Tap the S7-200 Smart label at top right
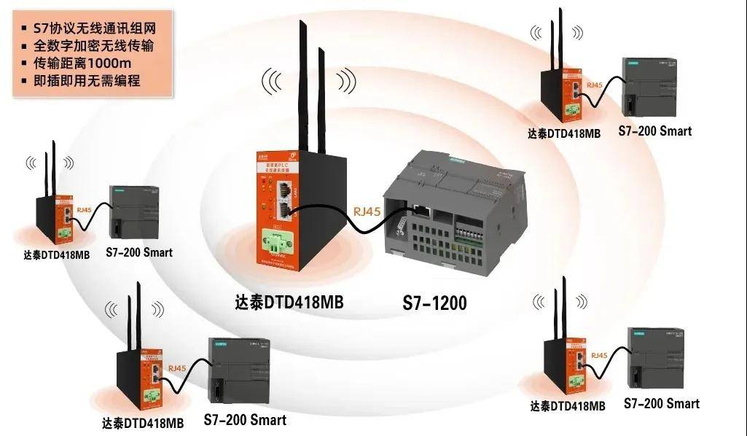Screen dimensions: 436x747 point(654,131)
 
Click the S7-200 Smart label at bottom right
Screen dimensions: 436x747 point(662,403)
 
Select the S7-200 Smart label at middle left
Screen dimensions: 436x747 point(139,252)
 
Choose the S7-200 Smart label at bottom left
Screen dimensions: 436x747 point(245,420)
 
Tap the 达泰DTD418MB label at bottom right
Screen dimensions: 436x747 point(568,406)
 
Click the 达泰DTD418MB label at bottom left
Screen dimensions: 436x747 point(143,423)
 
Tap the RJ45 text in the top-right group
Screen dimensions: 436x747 point(594,86)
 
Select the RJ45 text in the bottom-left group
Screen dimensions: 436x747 point(177,368)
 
